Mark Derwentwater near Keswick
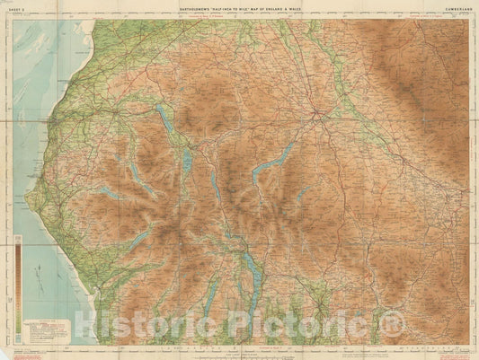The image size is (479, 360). tap(186, 160)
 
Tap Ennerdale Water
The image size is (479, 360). tap(108, 193)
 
